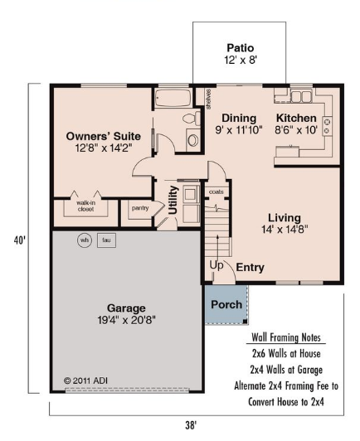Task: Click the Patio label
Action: coord(241,48)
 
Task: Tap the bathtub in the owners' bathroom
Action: coord(173,98)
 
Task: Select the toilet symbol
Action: coord(192,118)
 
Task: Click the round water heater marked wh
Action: coord(85,240)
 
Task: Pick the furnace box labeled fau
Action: coord(106,240)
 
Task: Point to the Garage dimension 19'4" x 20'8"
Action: coord(126,320)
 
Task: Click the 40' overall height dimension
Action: coord(20,240)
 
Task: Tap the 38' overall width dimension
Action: coord(191,425)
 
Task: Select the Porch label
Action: coord(226,304)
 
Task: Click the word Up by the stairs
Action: coord(216,265)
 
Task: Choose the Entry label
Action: coord(250,267)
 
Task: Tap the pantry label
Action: coord(140,208)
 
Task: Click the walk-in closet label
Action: coord(85,206)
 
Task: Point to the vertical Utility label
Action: coord(173,200)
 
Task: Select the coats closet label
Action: coord(216,191)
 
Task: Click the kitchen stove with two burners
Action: coord(327,126)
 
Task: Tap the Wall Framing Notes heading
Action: coord(286,337)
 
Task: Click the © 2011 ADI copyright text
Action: coord(85,380)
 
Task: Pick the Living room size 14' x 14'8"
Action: coord(285,230)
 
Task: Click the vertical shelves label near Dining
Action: coord(208,99)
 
